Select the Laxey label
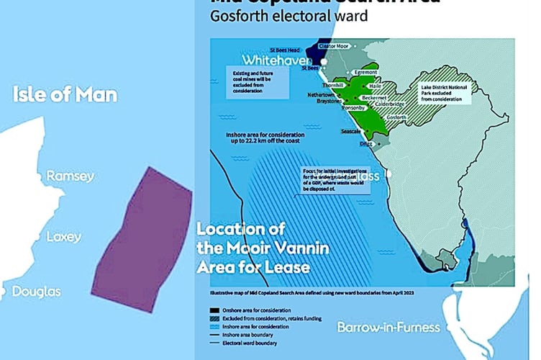point(64,237)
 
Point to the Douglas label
point(35,292)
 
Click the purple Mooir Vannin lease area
point(142,239)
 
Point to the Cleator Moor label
point(336,45)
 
